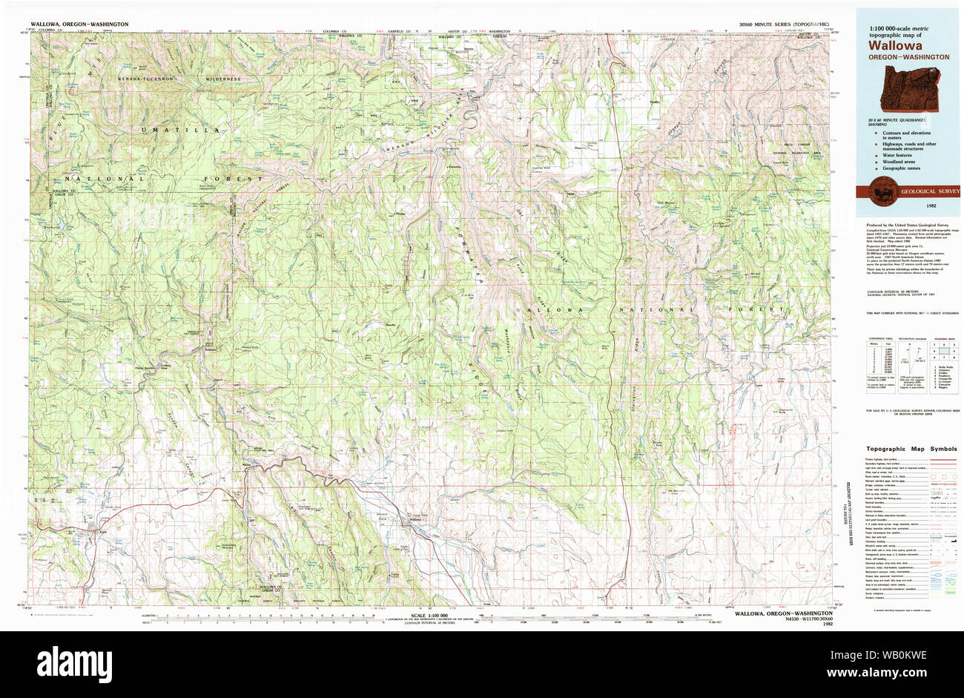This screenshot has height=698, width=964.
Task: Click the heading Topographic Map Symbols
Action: click(x=911, y=449)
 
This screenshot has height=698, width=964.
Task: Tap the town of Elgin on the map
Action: click(x=94, y=531)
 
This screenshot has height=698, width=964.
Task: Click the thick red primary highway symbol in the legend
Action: click(x=941, y=460)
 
